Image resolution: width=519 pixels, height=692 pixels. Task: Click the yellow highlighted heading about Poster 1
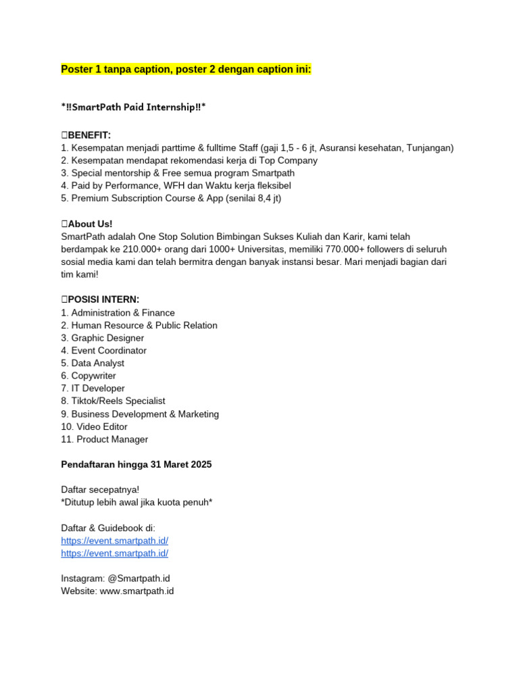[186, 70]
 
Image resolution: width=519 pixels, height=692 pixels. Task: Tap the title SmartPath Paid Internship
[134, 107]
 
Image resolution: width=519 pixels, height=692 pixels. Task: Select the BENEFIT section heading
[89, 135]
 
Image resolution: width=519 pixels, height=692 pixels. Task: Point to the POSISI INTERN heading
[103, 299]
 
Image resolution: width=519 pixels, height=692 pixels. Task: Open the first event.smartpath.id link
[114, 541]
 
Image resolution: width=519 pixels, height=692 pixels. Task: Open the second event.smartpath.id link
[114, 553]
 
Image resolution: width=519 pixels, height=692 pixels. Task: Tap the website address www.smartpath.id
[137, 591]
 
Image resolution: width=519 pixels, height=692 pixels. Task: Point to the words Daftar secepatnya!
[100, 489]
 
